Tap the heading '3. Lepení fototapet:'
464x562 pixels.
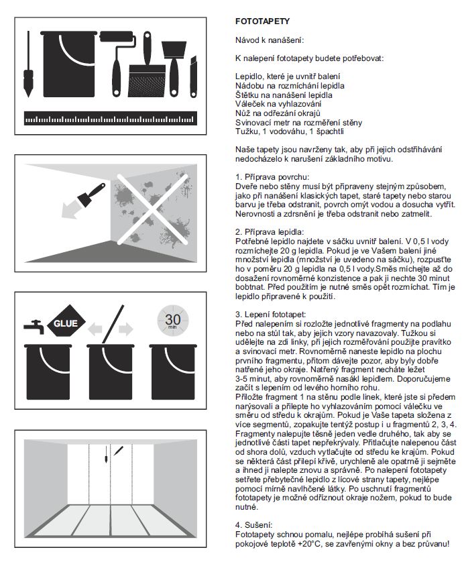click(x=264, y=313)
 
